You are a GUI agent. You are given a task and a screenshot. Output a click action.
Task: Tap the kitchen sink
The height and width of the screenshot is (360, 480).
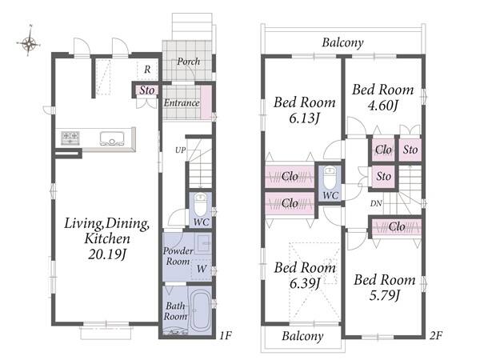112,138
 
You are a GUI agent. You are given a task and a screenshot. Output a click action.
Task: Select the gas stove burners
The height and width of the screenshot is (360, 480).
70,138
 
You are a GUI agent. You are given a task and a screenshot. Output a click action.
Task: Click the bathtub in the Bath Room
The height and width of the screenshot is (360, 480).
201,310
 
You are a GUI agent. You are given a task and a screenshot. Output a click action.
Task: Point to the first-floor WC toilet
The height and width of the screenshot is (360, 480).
201,206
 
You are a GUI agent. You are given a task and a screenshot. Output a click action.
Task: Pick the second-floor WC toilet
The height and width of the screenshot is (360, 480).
330,178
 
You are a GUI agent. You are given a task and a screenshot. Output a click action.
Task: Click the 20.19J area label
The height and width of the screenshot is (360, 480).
107,254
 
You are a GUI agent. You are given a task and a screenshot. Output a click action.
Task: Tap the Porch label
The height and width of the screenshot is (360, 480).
189,62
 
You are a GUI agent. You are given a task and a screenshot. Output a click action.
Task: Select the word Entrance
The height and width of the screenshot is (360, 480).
182,103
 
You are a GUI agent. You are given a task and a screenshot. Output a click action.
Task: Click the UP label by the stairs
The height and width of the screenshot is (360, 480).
180,150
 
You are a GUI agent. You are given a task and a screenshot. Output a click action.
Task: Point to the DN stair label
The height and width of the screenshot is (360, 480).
376,203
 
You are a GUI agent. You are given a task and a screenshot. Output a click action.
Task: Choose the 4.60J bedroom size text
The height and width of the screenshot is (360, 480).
382,106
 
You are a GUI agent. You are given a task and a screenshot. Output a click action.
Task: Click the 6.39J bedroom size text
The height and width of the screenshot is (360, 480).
305,284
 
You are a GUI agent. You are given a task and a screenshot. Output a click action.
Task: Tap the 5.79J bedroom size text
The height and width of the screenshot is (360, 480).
384,296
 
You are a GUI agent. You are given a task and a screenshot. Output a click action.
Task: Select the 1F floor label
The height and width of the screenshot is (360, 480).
226,336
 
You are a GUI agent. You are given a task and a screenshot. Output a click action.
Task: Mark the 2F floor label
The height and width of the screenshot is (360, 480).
436,336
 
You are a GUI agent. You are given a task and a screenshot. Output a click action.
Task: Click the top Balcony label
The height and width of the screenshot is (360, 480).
342,42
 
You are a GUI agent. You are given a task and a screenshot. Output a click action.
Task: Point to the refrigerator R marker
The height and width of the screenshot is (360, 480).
147,70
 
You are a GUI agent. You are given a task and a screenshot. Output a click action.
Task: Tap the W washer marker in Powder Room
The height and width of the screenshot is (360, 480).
202,269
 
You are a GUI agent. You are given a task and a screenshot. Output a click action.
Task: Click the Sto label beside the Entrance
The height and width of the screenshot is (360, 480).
147,90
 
